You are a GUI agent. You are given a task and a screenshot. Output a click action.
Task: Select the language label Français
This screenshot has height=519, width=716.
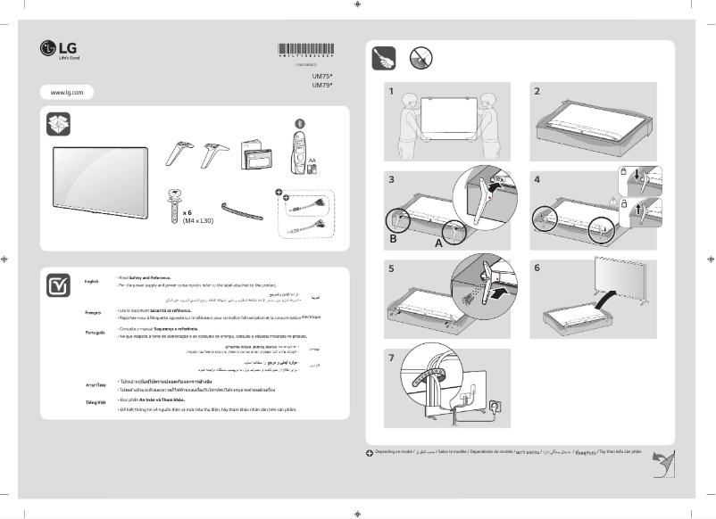tap(93, 313)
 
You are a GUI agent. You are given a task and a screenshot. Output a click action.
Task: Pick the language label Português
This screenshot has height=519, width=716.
tap(95, 332)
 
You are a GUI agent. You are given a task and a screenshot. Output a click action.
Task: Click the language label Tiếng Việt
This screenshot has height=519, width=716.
tap(96, 403)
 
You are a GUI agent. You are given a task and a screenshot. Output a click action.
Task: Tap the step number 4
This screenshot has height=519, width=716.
tap(537, 179)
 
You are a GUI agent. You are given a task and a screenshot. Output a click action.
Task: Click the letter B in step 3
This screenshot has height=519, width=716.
tap(394, 240)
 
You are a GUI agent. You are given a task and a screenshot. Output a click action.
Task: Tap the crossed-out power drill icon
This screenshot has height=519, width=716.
tap(420, 58)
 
